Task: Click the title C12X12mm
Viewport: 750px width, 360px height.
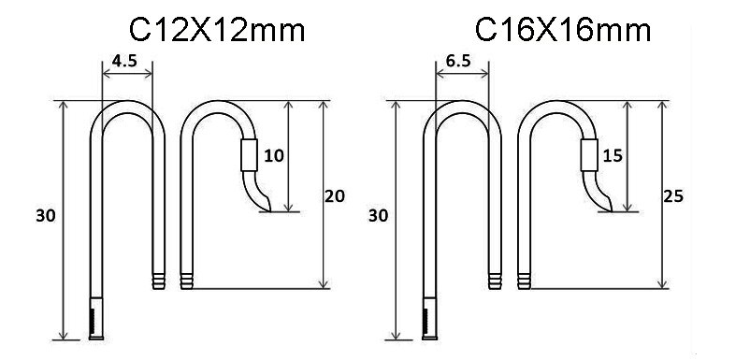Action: [x=217, y=31]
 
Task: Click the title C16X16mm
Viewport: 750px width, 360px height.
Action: [x=564, y=31]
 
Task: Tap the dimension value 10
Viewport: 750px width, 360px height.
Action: [x=274, y=156]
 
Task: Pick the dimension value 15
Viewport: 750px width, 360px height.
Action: [x=612, y=156]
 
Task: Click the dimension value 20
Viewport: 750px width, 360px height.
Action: [x=334, y=196]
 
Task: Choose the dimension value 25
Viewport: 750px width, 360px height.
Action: [x=671, y=196]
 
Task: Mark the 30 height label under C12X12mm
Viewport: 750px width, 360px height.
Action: [x=44, y=216]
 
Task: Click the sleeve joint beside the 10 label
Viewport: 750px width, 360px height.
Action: [x=248, y=154]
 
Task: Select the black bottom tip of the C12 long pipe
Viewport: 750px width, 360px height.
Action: [x=96, y=323]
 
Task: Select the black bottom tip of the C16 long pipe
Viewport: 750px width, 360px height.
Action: [x=429, y=323]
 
